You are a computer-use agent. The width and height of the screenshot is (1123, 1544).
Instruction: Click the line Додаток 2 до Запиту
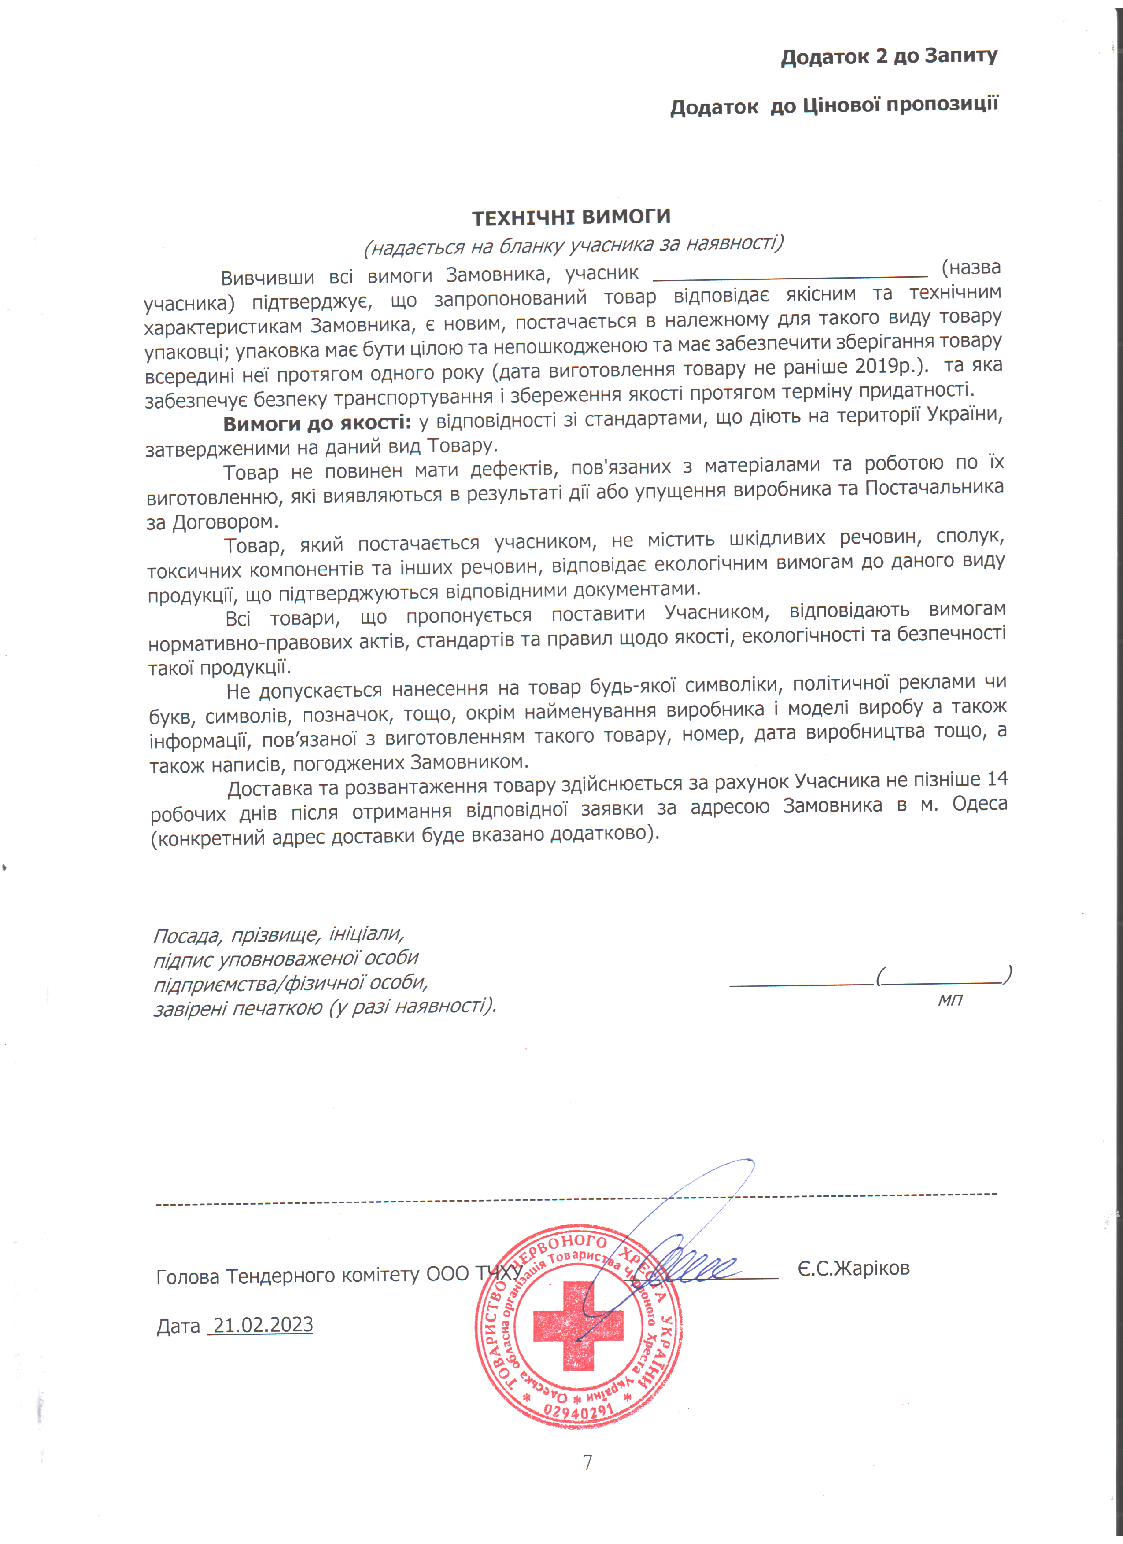pos(889,56)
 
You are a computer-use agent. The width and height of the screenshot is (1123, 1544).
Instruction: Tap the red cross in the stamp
pos(577,1326)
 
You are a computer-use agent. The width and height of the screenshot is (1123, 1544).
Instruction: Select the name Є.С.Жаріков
pos(853,1268)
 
